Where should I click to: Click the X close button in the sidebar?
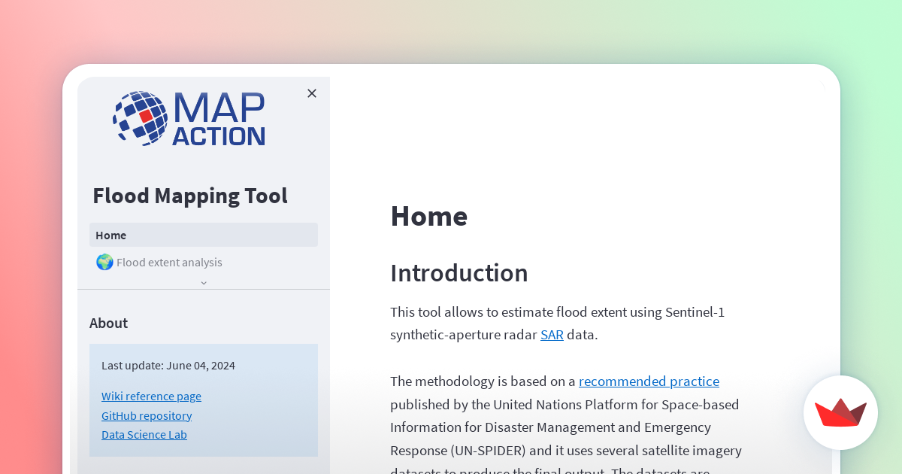(x=312, y=93)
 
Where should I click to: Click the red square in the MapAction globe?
(x=146, y=116)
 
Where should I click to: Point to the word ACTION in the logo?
(x=218, y=136)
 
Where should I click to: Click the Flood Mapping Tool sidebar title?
(x=190, y=196)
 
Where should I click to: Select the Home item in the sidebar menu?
(x=111, y=235)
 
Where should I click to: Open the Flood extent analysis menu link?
(x=169, y=263)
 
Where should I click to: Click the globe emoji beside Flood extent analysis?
(x=104, y=262)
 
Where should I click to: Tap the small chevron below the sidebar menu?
(x=204, y=283)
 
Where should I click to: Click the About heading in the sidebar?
(x=108, y=323)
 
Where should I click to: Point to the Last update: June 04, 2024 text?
(x=168, y=366)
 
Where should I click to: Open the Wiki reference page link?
(x=151, y=396)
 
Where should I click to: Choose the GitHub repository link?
(x=147, y=415)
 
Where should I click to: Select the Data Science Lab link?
(x=144, y=434)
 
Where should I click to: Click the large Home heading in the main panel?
(x=428, y=216)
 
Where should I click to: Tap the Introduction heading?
(x=459, y=273)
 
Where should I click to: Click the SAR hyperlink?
(x=552, y=335)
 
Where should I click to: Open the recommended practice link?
(x=649, y=381)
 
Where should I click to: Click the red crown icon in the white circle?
(x=840, y=412)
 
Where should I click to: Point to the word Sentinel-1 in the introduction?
(x=695, y=311)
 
